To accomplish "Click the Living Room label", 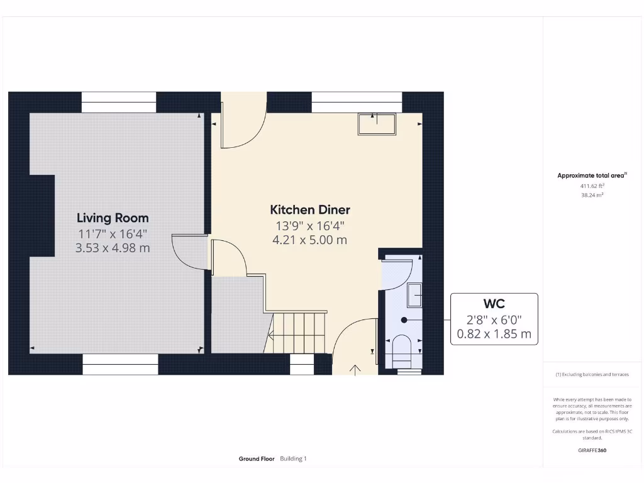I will [113, 218].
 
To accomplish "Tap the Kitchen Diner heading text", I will [310, 210].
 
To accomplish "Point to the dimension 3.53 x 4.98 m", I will [113, 248].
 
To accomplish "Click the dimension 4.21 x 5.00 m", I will [310, 240].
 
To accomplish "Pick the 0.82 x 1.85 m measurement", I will [494, 334].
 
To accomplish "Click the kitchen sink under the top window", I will [377, 124].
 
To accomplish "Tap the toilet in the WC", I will [401, 350].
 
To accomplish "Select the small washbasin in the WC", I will [414, 295].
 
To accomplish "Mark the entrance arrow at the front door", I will [356, 369].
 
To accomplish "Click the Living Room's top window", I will [119, 103].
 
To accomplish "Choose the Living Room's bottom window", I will [120, 364].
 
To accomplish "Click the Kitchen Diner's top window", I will [357, 103].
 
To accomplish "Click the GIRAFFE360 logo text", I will [592, 450].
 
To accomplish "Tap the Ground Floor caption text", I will [257, 459].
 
